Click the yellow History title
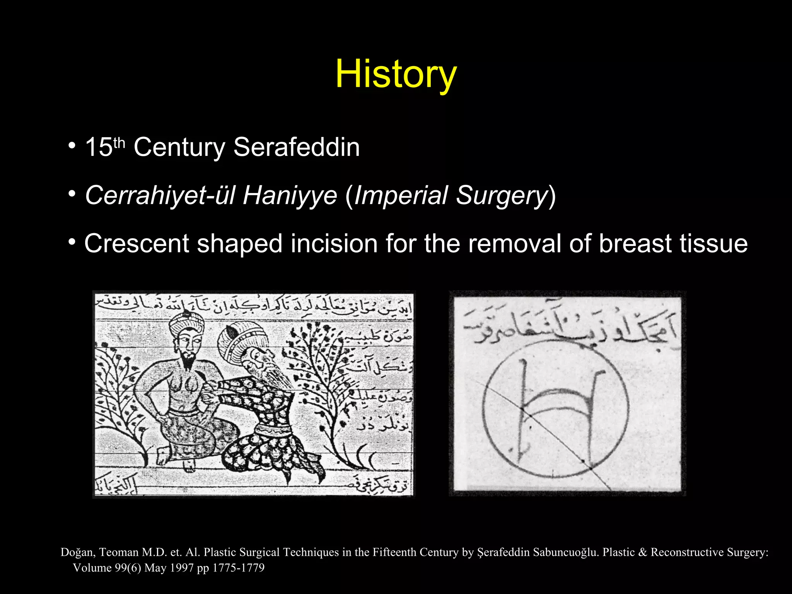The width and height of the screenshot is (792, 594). tap(396, 74)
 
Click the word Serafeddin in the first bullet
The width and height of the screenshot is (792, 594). tap(297, 147)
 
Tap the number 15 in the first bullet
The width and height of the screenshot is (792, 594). tap(99, 147)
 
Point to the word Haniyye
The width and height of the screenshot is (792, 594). tap(290, 195)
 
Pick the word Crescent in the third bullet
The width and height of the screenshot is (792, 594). tap(137, 244)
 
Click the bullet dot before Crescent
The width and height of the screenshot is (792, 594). tap(72, 242)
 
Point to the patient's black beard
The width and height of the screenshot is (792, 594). tap(188, 360)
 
